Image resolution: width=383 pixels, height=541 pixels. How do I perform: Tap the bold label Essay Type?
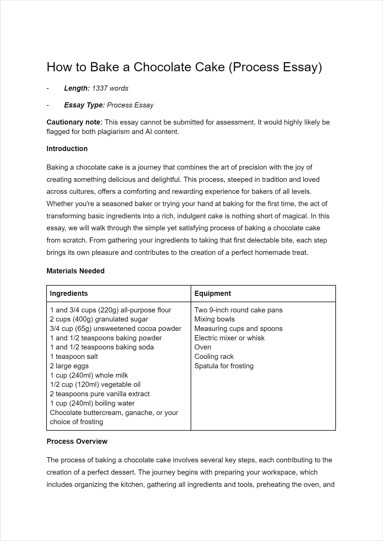84,105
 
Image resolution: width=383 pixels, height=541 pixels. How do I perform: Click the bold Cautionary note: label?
74,122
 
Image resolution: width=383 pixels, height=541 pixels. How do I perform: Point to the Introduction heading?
67,149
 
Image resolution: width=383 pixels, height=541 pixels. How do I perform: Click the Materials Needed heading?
75,271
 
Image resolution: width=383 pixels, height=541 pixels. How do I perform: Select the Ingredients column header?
69,294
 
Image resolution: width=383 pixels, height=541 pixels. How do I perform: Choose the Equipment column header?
213,294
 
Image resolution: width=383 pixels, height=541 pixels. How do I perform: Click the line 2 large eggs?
69,366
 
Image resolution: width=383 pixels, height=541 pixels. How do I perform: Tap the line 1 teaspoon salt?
74,357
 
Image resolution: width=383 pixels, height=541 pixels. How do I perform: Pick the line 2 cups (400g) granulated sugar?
99,319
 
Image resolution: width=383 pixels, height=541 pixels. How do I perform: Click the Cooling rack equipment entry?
214,357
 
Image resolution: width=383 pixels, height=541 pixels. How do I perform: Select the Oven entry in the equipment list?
203,347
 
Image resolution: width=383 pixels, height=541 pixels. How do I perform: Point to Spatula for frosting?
224,366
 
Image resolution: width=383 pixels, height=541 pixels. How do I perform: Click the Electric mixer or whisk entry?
229,338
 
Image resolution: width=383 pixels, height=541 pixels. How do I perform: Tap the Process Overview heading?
77,442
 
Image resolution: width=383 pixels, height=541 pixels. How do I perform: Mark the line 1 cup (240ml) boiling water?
92,403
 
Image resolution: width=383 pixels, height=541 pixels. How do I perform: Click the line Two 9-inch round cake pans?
238,310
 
